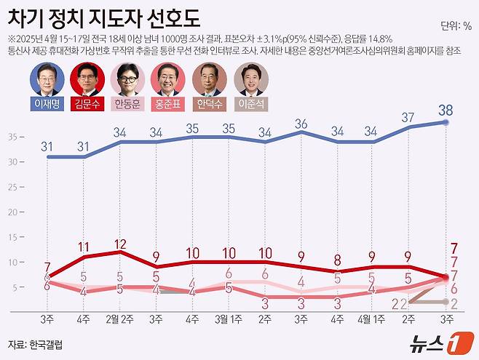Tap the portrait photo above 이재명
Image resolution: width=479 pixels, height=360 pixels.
pyautogui.click(x=46, y=79)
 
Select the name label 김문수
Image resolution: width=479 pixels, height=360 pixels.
pyautogui.click(x=87, y=103)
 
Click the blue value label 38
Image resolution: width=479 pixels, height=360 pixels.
pyautogui.click(x=446, y=110)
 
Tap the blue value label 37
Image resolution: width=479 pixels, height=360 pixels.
pyautogui.click(x=408, y=117)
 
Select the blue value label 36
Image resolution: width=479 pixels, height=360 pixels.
pyautogui.click(x=301, y=124)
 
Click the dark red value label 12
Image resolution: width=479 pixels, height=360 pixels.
pyautogui.click(x=120, y=244)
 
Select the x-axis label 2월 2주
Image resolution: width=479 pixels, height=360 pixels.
pyautogui.click(x=120, y=319)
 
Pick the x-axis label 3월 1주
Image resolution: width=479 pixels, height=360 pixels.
pyautogui.click(x=229, y=319)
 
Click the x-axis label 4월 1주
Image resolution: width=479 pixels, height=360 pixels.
pyautogui.click(x=372, y=319)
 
